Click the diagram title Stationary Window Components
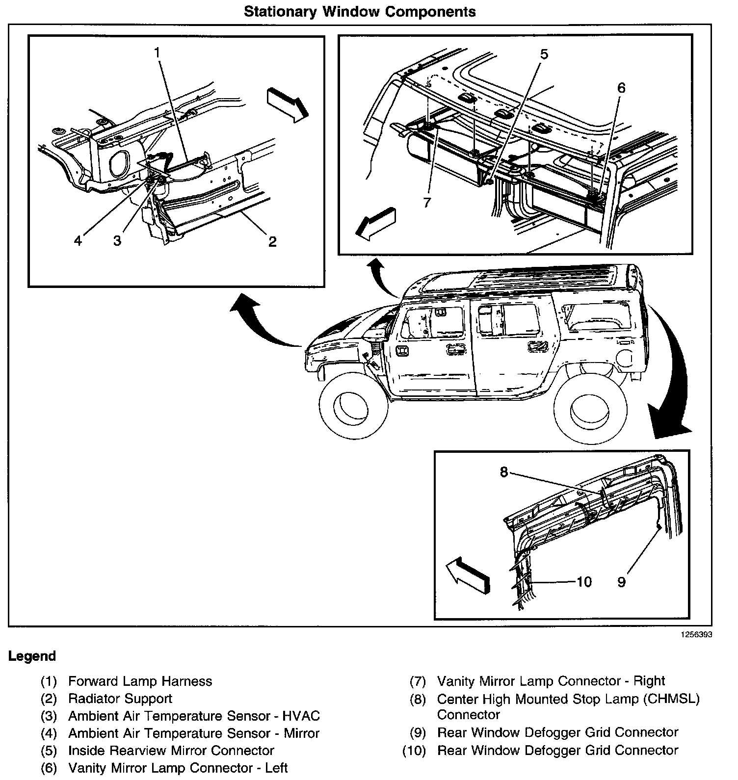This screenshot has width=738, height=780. tap(360, 12)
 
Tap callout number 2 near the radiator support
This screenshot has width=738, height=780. tap(272, 241)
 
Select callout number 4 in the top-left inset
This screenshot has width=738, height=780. tap(78, 241)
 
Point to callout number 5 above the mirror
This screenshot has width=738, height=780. tap(544, 54)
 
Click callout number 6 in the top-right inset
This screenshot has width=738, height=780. tap(621, 88)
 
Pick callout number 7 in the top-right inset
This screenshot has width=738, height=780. tap(427, 202)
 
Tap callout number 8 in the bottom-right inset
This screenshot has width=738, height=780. tap(504, 472)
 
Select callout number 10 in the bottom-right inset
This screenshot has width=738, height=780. tap(584, 582)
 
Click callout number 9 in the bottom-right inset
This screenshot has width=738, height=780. tap(621, 582)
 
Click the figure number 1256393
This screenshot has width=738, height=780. tap(696, 634)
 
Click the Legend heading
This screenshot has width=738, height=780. tap(32, 656)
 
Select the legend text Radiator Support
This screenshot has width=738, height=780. tap(120, 699)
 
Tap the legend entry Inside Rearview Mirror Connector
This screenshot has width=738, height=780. tap(171, 751)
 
